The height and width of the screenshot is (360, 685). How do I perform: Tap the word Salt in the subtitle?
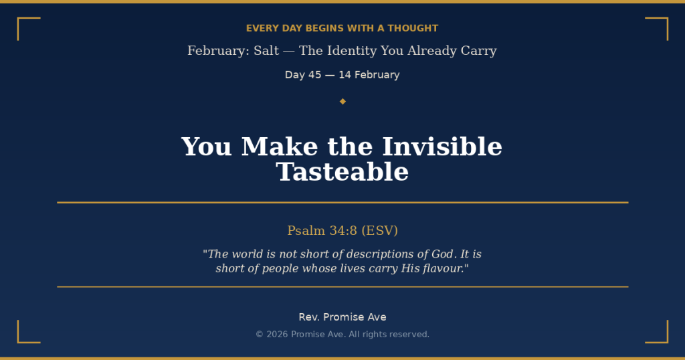(266, 51)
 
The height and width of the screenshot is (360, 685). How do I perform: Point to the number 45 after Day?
(314, 75)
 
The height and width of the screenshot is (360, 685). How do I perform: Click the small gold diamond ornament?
(342, 101)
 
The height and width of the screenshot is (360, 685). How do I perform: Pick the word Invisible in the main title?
(442, 147)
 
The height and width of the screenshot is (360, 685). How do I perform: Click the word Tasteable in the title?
(342, 172)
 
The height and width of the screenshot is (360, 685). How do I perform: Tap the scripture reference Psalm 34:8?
(322, 231)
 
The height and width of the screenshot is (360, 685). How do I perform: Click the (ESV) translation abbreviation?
(379, 231)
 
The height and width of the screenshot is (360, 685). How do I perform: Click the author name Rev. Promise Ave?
(342, 317)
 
